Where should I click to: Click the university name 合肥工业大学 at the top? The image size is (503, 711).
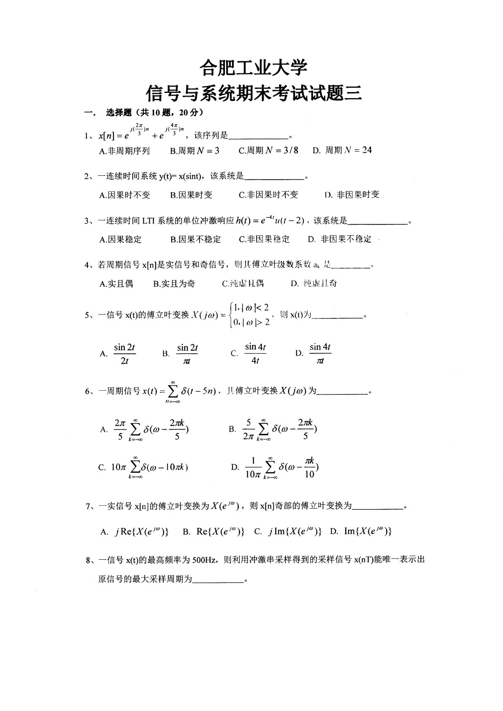click(253, 68)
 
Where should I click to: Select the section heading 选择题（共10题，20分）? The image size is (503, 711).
click(155, 113)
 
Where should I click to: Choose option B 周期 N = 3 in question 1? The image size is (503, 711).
click(195, 151)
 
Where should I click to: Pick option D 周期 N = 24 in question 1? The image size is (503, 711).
click(342, 150)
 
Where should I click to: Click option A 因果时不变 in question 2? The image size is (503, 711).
click(125, 195)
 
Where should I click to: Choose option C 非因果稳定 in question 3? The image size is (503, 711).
click(264, 239)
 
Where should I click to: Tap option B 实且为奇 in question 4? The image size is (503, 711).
click(174, 283)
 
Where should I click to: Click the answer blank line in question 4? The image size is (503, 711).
click(351, 267)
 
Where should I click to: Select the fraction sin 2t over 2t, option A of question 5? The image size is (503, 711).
click(124, 354)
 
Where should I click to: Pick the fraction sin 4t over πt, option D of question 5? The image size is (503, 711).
click(320, 354)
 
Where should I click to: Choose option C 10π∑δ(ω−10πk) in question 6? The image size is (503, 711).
click(143, 467)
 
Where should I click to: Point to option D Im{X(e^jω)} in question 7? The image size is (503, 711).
click(361, 532)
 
